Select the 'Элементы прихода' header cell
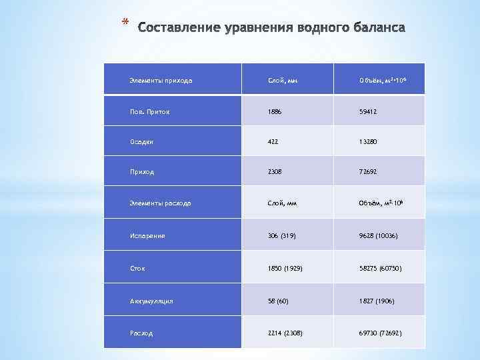click(x=160, y=80)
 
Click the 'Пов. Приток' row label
click(x=149, y=111)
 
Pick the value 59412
click(x=368, y=111)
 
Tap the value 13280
click(x=368, y=141)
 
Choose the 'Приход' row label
click(x=141, y=171)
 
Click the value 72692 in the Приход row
click(x=368, y=171)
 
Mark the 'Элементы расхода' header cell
click(x=160, y=203)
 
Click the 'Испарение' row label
click(x=147, y=235)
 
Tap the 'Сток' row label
click(x=137, y=268)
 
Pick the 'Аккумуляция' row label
click(x=151, y=301)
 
